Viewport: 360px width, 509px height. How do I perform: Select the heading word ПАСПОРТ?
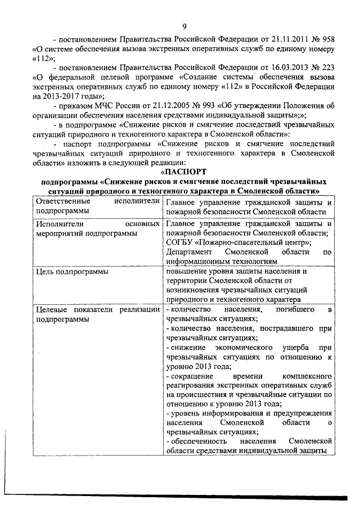tap(186, 171)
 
